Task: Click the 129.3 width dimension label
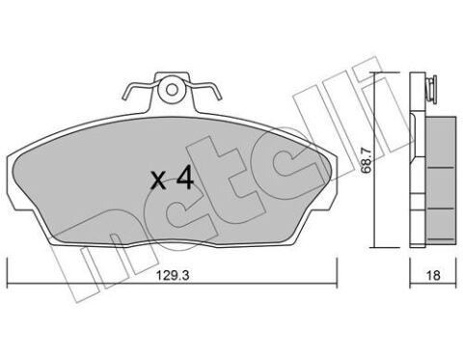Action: (x=173, y=275)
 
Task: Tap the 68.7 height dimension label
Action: (x=366, y=160)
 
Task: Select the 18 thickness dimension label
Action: (x=433, y=275)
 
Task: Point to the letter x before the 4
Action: (x=158, y=180)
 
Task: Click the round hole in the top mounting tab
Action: (x=172, y=90)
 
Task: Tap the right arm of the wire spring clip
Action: (x=204, y=89)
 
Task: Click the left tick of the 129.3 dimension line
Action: (x=7, y=272)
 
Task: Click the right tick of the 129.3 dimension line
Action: (x=337, y=272)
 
